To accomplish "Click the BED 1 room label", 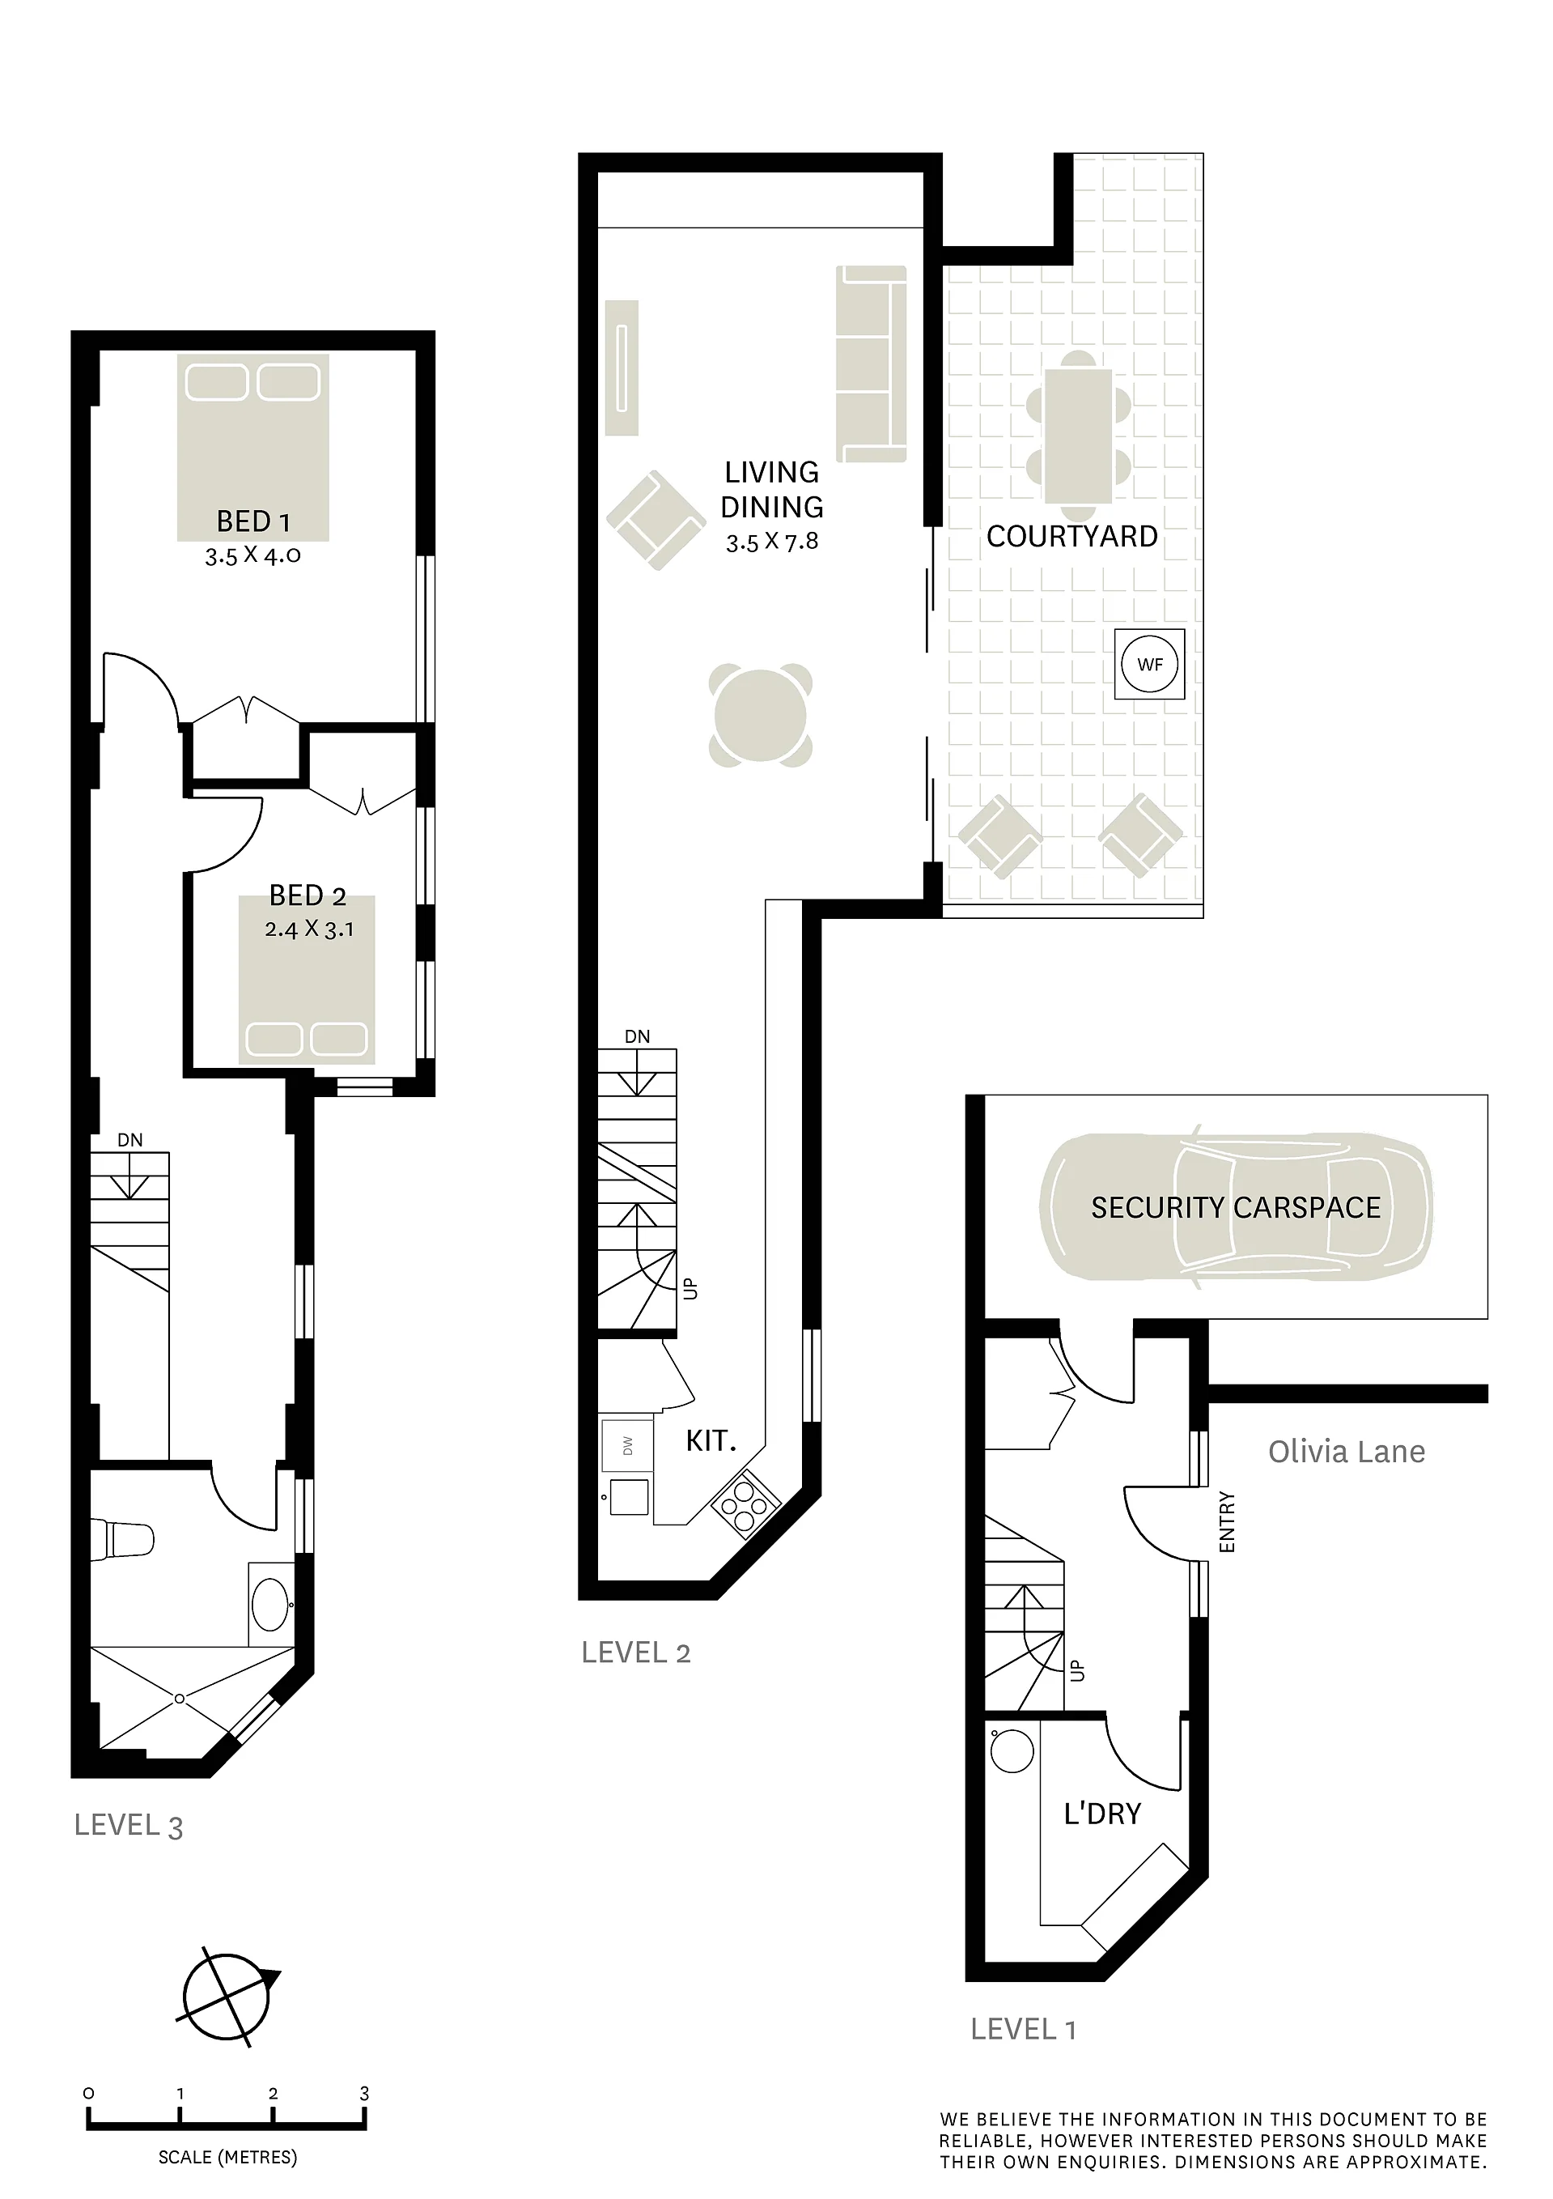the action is pos(254,522).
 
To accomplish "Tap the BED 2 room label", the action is pos(308,895).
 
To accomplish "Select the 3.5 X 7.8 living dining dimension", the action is pos(772,542).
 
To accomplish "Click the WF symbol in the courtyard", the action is pos(1150,664).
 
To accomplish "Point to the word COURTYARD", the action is pos(1072,536).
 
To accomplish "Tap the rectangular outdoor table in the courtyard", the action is pos(1079,436).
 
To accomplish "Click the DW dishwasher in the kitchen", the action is pos(627,1445).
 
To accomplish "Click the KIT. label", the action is pos(711,1440).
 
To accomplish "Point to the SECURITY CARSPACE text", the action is pos(1236,1208).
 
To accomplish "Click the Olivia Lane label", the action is pos(1346,1452).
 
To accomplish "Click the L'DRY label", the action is pos(1103,1814).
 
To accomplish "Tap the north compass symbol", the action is pos(228,1998).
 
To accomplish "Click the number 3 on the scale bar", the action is pos(364,2094).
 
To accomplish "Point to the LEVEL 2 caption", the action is pos(636,1652).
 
